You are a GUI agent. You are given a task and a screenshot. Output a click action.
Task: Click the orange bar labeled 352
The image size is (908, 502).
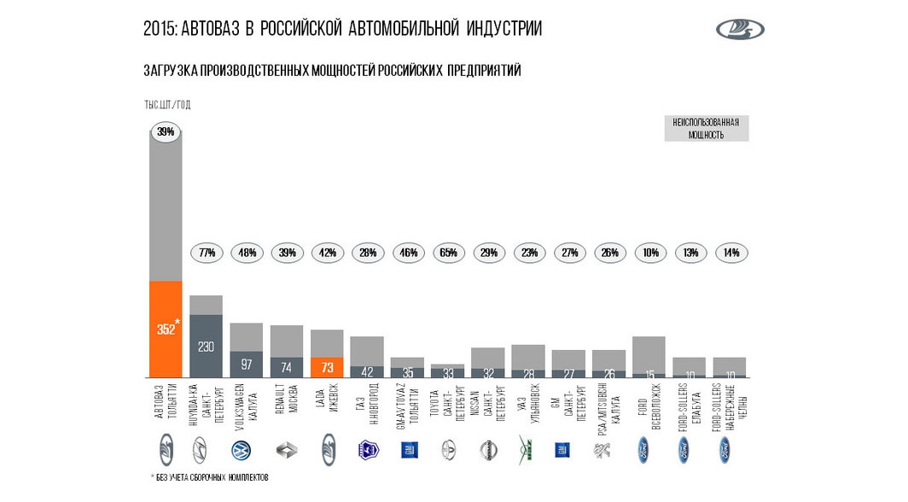(x=166, y=329)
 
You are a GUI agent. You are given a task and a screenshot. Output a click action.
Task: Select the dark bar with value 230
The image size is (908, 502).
(x=206, y=346)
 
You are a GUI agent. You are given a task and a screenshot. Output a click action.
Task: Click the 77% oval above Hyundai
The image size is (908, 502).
(x=206, y=253)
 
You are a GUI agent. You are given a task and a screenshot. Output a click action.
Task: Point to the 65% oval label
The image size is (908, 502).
(x=448, y=253)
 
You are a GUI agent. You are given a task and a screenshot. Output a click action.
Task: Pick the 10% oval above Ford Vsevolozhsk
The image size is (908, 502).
(x=649, y=253)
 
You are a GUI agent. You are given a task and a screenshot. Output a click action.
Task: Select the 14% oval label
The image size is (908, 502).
(x=730, y=253)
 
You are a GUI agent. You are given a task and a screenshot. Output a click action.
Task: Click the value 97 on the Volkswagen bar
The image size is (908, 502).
(x=246, y=365)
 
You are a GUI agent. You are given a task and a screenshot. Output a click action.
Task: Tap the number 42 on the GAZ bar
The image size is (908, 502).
(x=367, y=372)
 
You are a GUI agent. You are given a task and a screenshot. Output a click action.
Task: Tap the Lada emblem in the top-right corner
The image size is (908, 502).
(x=740, y=30)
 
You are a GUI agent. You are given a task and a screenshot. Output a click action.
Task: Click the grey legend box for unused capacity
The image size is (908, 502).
(x=706, y=128)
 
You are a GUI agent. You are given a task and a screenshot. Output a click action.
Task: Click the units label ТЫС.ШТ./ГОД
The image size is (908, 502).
(x=167, y=104)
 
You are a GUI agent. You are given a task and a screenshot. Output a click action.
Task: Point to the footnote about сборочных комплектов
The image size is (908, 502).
(x=209, y=477)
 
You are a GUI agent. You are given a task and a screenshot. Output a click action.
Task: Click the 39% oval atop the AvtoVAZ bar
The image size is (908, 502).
(x=166, y=131)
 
